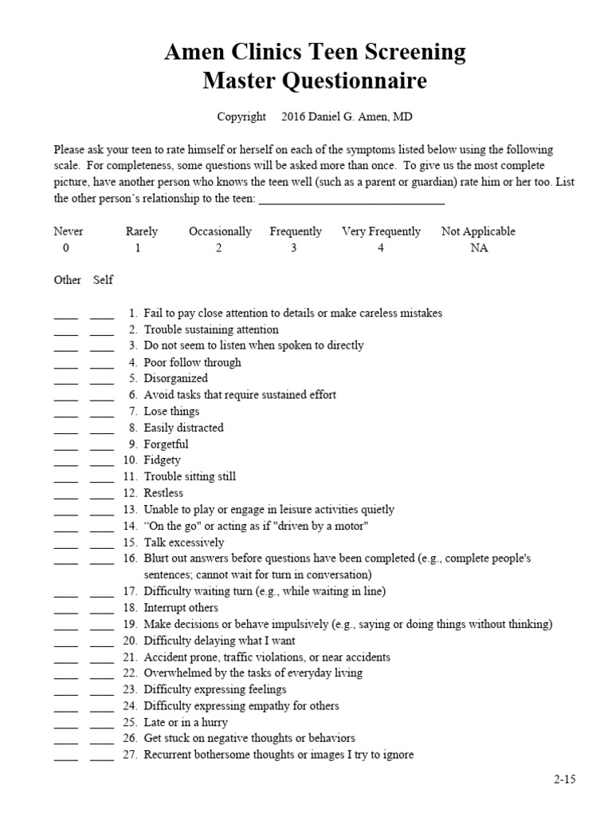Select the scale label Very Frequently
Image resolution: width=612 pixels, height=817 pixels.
click(381, 231)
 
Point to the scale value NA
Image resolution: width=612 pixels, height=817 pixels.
click(479, 248)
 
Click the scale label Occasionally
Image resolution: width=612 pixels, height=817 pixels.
click(220, 231)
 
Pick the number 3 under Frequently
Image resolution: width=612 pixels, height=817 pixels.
click(293, 248)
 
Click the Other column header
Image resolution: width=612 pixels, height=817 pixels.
click(67, 280)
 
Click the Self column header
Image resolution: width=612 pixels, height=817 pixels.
click(104, 280)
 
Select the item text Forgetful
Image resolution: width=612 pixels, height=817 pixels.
click(166, 444)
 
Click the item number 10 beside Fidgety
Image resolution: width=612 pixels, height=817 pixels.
click(130, 460)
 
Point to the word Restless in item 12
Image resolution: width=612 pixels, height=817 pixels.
click(163, 493)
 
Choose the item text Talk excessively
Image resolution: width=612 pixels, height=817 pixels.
click(185, 542)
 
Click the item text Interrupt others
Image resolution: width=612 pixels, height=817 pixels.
click(181, 608)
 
